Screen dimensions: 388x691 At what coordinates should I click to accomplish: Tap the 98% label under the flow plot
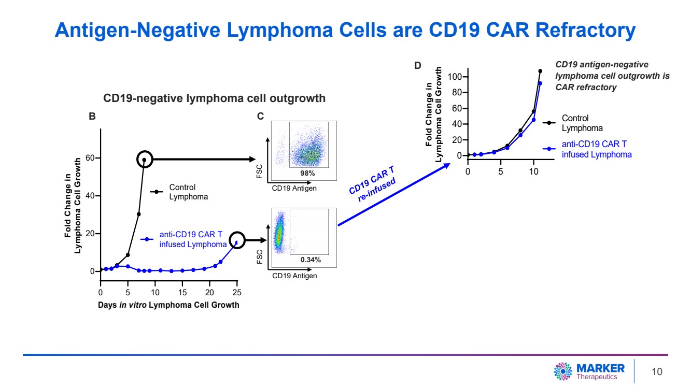[308, 173]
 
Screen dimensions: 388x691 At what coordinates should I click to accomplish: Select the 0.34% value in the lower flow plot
[311, 260]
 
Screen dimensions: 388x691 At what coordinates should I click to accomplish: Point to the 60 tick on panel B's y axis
[91, 158]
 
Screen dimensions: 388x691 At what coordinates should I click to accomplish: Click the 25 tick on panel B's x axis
[237, 293]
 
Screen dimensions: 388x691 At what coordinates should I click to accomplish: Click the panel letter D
[418, 66]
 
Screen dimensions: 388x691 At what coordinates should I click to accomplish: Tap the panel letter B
[92, 117]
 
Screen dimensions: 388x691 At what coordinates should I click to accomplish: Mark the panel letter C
[261, 117]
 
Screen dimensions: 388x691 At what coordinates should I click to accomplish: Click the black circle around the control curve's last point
[145, 160]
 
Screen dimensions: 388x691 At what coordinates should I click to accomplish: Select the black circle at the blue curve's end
[237, 240]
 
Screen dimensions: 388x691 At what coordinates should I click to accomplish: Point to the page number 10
[657, 372]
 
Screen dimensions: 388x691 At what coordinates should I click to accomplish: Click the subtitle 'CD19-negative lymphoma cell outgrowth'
[215, 98]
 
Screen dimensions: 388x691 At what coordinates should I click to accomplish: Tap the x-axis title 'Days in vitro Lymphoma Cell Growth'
[168, 305]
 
